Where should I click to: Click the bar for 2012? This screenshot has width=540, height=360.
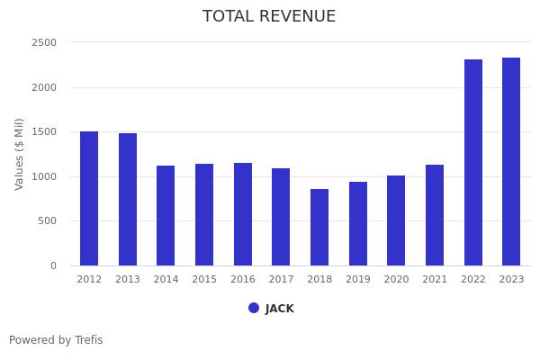click(89, 199)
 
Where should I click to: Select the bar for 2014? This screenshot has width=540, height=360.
click(166, 216)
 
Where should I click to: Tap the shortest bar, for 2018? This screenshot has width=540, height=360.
click(319, 228)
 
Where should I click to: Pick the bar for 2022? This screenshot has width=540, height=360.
click(473, 163)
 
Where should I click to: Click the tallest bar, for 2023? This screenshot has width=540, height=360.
click(511, 162)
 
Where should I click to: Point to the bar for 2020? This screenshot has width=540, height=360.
click(396, 220)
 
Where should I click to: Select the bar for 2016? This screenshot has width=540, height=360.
click(243, 214)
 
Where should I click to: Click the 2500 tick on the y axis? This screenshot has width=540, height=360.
click(44, 42)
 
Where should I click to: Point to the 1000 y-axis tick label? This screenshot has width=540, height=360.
click(44, 176)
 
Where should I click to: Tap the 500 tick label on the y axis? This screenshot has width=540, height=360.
click(47, 221)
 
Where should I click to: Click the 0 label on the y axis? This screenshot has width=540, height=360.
click(53, 265)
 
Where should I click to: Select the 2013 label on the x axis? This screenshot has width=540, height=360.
click(128, 280)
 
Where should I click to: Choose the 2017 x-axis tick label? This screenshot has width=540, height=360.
click(281, 280)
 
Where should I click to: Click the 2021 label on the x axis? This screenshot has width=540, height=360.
click(435, 280)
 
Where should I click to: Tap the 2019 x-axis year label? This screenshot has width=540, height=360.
click(358, 280)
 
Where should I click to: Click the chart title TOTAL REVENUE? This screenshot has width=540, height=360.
click(269, 17)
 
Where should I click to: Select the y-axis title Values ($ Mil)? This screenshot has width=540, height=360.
click(20, 154)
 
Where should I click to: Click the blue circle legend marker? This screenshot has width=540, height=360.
click(254, 308)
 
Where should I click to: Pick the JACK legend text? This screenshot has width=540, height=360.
click(280, 309)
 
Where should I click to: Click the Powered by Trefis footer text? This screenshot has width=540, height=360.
click(56, 340)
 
